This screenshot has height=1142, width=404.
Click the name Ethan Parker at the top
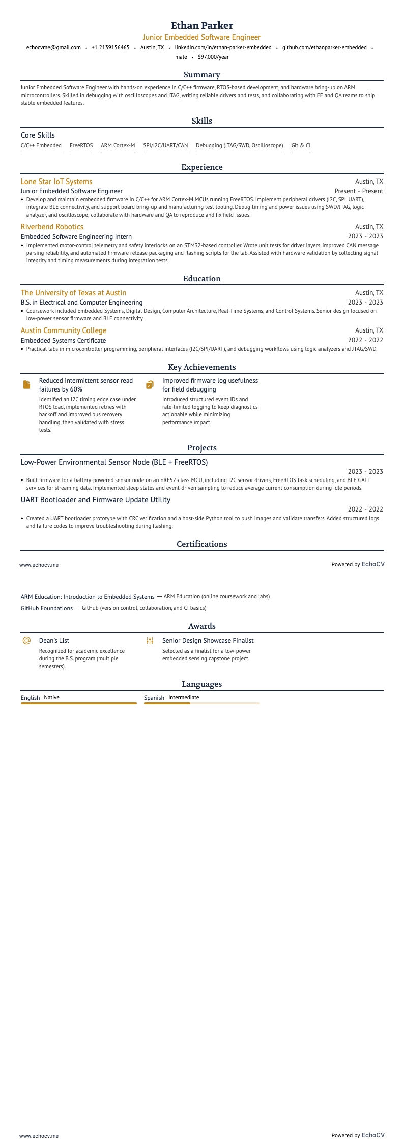(x=202, y=25)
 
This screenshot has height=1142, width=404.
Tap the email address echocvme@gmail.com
(x=53, y=48)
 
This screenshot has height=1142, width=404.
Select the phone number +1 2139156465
(x=110, y=48)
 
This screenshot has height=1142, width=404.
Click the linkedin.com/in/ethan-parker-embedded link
(x=223, y=48)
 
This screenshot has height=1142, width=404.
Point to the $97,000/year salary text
(x=213, y=57)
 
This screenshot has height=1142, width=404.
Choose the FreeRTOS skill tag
(x=81, y=146)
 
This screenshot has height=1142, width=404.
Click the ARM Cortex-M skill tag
(x=118, y=146)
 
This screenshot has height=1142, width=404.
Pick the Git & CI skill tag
(x=301, y=146)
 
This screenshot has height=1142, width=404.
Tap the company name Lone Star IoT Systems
(x=56, y=182)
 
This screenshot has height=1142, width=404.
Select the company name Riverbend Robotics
(x=52, y=227)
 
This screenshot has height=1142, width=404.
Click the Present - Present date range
(x=359, y=191)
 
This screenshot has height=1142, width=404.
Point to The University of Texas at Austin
(x=73, y=293)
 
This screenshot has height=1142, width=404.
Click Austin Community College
(x=64, y=330)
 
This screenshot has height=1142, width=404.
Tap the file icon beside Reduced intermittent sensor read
(x=26, y=385)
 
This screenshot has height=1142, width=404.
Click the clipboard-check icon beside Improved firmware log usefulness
(x=150, y=385)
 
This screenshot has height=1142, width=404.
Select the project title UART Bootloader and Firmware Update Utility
(x=96, y=500)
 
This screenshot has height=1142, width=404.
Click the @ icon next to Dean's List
(x=26, y=641)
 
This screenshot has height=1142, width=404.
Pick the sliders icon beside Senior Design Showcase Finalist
(x=150, y=641)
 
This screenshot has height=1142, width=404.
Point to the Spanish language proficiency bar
(x=201, y=703)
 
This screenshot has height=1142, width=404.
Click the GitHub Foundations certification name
(x=47, y=608)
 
